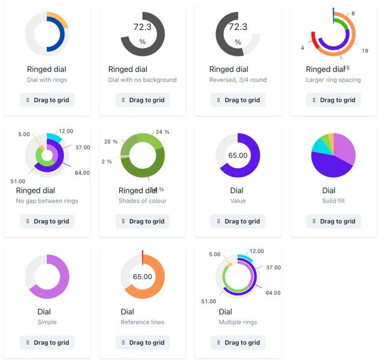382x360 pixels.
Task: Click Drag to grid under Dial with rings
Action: coord(47,100)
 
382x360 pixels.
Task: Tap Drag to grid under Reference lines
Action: coord(143,343)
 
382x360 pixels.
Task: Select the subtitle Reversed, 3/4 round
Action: coord(238,80)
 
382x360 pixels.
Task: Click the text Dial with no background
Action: coord(143,80)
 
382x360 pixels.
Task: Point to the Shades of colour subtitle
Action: coord(143,201)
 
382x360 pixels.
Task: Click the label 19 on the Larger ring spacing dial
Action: coord(365,51)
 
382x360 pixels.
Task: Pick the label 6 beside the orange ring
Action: coord(353,13)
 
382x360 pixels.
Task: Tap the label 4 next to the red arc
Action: coord(303,47)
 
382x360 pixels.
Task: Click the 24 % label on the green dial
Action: coord(162,132)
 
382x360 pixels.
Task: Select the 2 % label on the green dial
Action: coord(107,162)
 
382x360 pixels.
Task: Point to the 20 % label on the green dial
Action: coord(111,142)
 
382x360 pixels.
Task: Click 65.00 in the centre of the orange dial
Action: coord(143,277)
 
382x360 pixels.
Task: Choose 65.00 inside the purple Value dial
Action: coord(238,155)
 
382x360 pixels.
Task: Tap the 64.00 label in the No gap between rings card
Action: coord(82,173)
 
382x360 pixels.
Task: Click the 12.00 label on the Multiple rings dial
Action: coord(257,252)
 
